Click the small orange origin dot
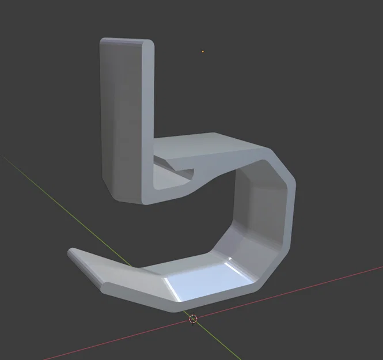pos(203,52)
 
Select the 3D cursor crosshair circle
pos(194,319)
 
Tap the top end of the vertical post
pos(126,41)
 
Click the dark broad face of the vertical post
pos(118,115)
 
